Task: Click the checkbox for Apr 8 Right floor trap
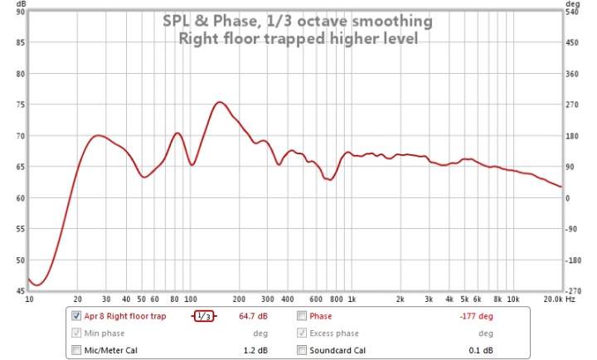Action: [77, 316]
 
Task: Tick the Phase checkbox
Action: [303, 316]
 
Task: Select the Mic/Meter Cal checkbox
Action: [77, 350]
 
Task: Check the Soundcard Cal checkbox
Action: [303, 350]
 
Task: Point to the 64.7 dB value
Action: [253, 316]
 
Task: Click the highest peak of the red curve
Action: [219, 102]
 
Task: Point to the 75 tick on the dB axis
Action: [20, 105]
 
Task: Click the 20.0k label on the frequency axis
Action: [554, 299]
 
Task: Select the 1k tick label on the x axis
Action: [352, 299]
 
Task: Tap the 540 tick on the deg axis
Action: [571, 12]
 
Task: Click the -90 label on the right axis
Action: [571, 229]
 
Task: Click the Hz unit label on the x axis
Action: [570, 299]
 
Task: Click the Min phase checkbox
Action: [77, 333]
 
